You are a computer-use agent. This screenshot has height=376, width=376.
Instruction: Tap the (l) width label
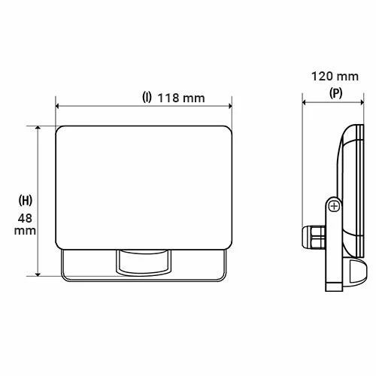coord(147,99)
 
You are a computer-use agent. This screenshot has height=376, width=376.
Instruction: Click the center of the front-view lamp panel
coord(144,186)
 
